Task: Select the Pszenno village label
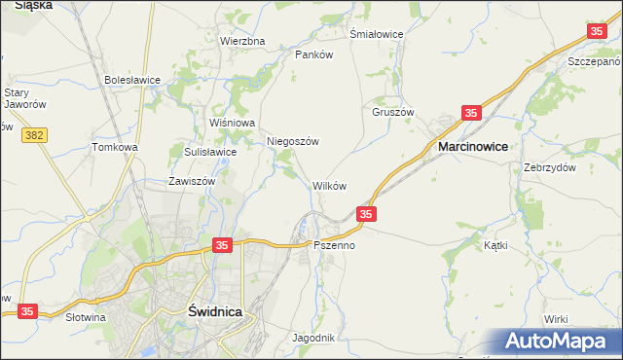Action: (334, 246)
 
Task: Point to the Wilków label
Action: (329, 185)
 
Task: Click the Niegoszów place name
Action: (293, 141)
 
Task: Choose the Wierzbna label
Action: (242, 41)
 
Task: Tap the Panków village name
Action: (314, 54)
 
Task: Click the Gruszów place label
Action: (392, 111)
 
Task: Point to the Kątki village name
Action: (495, 246)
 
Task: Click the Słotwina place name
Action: (85, 317)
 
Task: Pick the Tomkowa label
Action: (115, 147)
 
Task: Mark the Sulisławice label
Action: (210, 152)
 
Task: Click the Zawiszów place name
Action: (191, 181)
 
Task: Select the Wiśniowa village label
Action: (232, 123)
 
